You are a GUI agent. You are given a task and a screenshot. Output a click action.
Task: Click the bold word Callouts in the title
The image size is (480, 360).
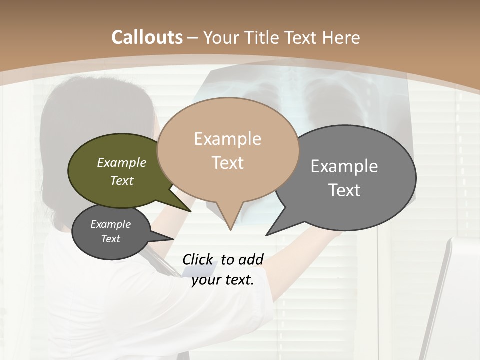(x=147, y=37)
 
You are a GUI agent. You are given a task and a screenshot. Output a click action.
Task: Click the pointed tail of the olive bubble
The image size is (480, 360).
(x=190, y=211)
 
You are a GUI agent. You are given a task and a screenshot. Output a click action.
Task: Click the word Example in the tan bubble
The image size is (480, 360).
(x=227, y=139)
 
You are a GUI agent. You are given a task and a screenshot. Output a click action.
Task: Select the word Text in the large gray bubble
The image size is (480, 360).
(x=344, y=190)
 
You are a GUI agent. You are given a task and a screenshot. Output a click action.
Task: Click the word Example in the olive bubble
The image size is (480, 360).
(x=122, y=163)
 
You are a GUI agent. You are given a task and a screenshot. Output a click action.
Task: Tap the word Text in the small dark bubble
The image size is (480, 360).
(x=111, y=239)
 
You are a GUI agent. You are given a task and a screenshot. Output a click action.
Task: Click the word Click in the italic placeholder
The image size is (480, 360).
(x=197, y=259)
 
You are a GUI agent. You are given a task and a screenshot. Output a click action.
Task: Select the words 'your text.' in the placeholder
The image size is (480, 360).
(x=223, y=280)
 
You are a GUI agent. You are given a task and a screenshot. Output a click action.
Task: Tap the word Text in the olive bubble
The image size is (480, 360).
(x=122, y=181)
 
